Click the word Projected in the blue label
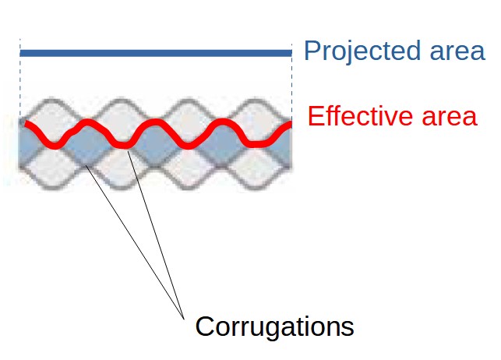[x=359, y=51]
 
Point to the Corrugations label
[x=274, y=326]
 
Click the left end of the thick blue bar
[x=23, y=53]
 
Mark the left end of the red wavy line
[x=26, y=124]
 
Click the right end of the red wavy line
[x=289, y=125]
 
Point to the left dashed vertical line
[x=20, y=78]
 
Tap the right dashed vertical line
[x=292, y=78]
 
